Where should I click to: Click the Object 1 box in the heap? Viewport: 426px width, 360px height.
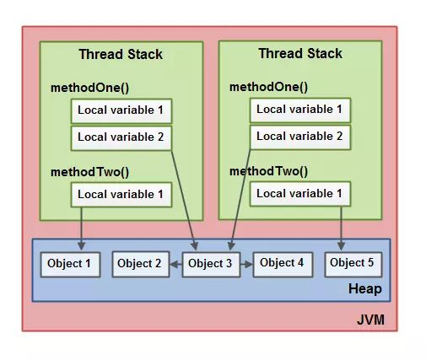(71, 264)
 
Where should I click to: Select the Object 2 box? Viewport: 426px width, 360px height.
(139, 264)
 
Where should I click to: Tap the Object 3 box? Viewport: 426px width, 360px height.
(211, 264)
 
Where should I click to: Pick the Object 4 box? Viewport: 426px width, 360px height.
(282, 263)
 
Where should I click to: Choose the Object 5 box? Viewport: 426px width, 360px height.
(352, 263)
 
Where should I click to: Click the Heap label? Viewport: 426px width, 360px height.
(364, 289)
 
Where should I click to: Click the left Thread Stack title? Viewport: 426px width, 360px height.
(121, 55)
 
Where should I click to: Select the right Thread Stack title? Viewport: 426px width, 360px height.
(299, 54)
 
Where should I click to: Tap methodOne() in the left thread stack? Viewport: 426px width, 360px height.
(90, 88)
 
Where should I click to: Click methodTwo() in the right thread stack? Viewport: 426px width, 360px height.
(269, 171)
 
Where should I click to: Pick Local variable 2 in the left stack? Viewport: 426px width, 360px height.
(121, 137)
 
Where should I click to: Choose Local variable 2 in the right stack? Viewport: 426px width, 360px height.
(299, 136)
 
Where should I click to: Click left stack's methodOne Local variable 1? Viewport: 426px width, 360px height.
(121, 110)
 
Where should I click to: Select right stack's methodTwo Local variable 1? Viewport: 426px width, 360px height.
(299, 194)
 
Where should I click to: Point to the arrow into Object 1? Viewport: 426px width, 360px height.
(82, 228)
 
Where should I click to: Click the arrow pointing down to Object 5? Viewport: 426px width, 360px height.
(341, 228)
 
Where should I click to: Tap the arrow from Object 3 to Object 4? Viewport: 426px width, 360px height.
(245, 264)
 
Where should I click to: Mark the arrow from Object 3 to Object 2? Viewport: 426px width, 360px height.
(175, 264)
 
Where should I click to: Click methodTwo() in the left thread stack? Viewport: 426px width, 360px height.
(90, 172)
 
